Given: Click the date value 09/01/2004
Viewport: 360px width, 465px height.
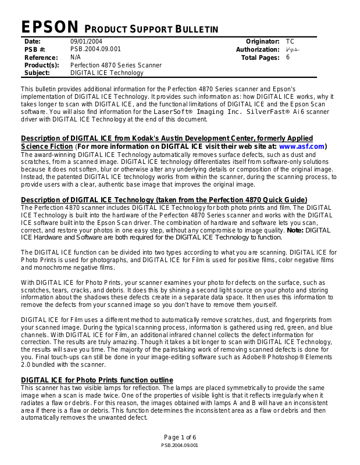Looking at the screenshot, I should pos(87,42).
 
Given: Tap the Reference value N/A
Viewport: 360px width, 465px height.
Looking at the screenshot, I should pos(76,58).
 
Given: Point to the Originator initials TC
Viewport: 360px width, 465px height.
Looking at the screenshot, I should pos(290,42).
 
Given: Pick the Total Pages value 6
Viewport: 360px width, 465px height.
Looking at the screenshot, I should pos(288,58).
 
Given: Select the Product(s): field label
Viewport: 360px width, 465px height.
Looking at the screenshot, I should pos(42,66).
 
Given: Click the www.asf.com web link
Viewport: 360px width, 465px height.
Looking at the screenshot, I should pos(301,146).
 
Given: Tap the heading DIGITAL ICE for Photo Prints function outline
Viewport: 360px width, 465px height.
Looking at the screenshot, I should pos(97,380).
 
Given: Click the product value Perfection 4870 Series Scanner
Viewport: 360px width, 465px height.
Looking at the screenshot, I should pos(116,66).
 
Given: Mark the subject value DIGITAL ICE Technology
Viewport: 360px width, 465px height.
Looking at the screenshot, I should pos(106,73).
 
